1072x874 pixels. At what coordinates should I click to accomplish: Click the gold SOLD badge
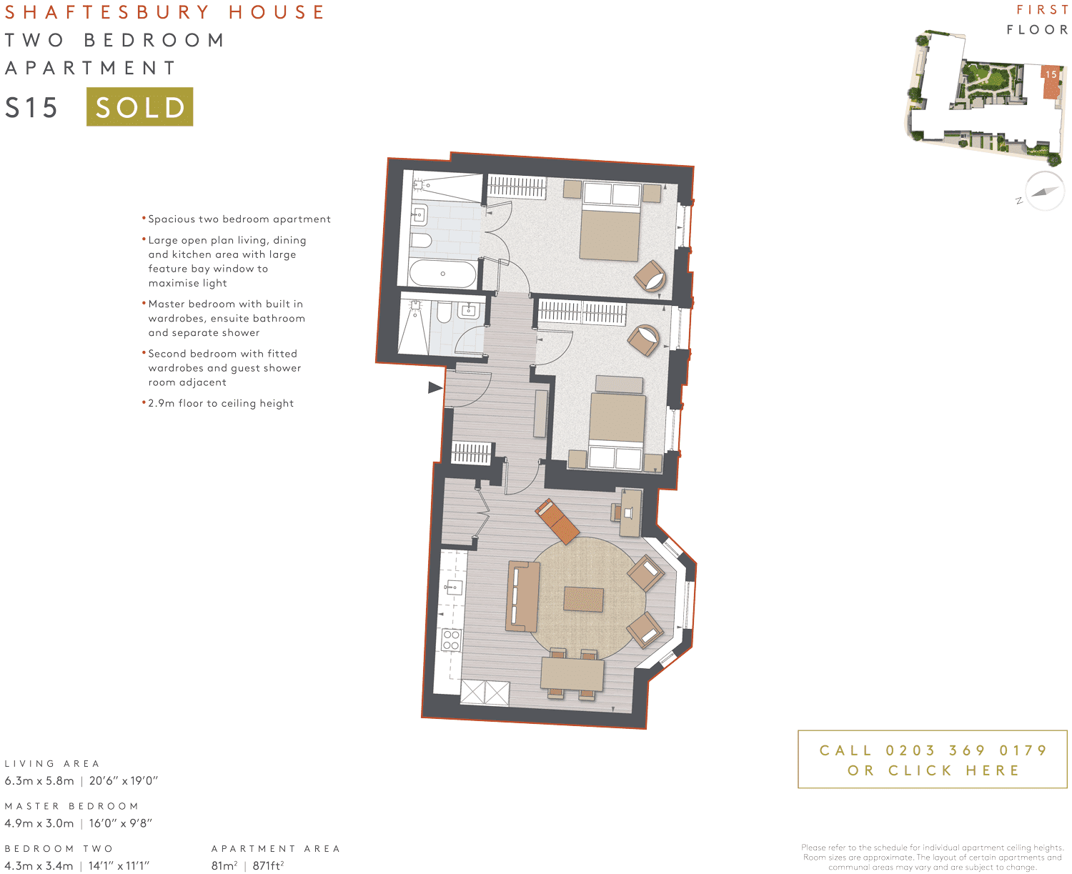[139, 106]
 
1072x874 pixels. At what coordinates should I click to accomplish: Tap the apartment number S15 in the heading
[31, 108]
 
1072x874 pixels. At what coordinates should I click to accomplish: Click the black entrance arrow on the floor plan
[435, 387]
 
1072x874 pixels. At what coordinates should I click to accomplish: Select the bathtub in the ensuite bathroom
[442, 274]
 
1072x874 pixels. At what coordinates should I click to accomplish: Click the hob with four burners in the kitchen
[451, 640]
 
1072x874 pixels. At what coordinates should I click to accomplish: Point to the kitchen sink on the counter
[452, 588]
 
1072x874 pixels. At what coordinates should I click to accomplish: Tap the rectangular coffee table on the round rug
[583, 599]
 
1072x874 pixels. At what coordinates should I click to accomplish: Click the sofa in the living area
[522, 596]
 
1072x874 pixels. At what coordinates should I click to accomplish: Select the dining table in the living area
[572, 673]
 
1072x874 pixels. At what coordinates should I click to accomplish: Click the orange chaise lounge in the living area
[558, 521]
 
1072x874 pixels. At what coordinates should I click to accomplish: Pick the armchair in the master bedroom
[650, 275]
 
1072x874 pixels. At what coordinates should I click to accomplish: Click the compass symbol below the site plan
[1044, 191]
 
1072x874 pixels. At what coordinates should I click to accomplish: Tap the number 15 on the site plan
[1051, 74]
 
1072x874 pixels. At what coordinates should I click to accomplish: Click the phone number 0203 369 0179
[966, 750]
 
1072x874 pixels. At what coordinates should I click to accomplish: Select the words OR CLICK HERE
[933, 770]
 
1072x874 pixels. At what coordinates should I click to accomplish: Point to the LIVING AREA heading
[52, 763]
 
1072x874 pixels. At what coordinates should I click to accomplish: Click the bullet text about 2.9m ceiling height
[221, 403]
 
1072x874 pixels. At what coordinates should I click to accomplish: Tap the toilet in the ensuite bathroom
[422, 239]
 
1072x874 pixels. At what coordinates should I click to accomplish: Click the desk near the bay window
[630, 512]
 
